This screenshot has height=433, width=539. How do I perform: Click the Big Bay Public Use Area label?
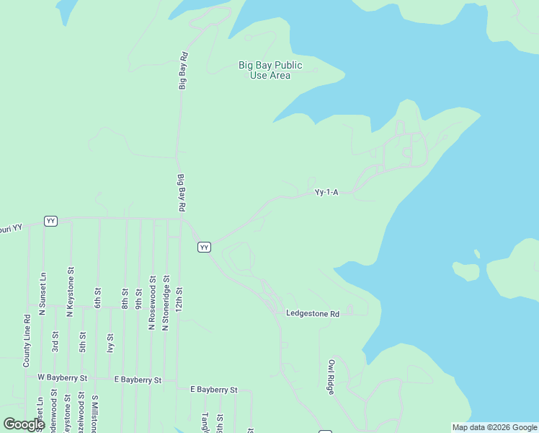tap(270, 70)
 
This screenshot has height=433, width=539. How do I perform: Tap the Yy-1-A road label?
tap(326, 193)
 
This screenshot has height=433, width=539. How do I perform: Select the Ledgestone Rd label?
tap(312, 314)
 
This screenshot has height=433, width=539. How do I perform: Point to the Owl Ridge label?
tap(331, 377)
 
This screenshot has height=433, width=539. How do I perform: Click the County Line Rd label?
tap(27, 341)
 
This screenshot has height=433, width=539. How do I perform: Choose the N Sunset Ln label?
tap(43, 294)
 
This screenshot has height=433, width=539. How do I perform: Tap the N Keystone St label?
tap(70, 294)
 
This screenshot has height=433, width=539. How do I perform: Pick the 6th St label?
tap(97, 298)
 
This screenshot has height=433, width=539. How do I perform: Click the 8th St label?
tap(125, 298)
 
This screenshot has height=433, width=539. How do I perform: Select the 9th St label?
tap(138, 298)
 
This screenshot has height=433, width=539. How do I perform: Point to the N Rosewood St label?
tap(152, 302)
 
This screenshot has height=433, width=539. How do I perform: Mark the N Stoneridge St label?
tap(166, 302)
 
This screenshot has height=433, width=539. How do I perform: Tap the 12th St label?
tap(179, 298)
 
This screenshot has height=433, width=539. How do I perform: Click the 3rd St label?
tap(55, 341)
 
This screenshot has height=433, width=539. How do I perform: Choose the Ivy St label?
tap(110, 341)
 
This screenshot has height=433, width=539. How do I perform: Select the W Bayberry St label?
tap(62, 377)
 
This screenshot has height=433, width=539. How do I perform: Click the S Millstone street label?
tap(94, 414)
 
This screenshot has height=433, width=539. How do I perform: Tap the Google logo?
tap(24, 424)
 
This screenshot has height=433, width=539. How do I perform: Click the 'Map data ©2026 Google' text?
tap(494, 427)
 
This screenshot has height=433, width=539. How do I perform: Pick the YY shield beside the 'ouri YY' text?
tap(50, 221)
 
